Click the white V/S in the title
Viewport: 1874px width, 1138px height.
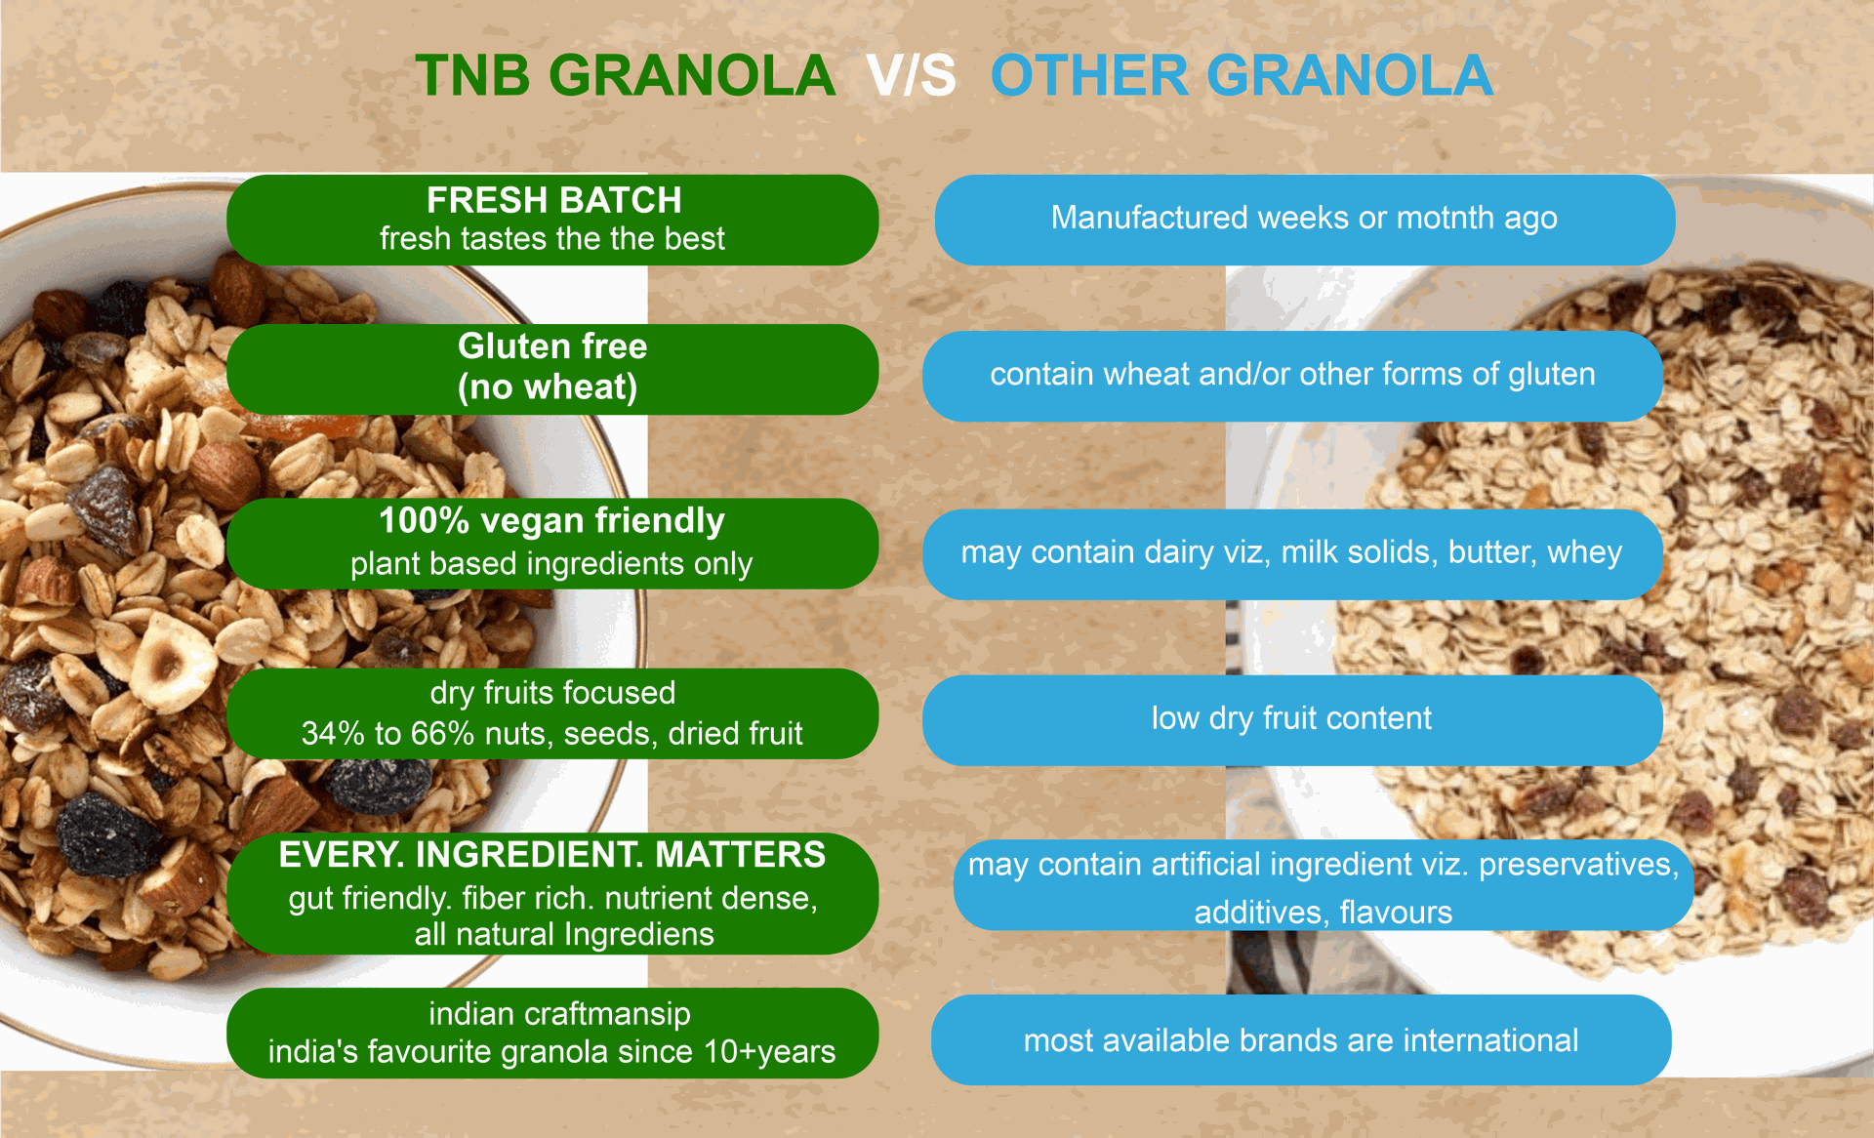(x=911, y=76)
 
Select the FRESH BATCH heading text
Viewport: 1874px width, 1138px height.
(x=553, y=200)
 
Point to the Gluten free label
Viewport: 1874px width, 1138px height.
(x=552, y=346)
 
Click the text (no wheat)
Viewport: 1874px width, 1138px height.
(x=548, y=387)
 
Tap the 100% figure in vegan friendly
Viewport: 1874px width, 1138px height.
(x=425, y=520)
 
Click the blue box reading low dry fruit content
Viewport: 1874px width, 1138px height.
(x=1292, y=719)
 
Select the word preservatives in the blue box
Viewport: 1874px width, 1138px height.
(x=1578, y=865)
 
